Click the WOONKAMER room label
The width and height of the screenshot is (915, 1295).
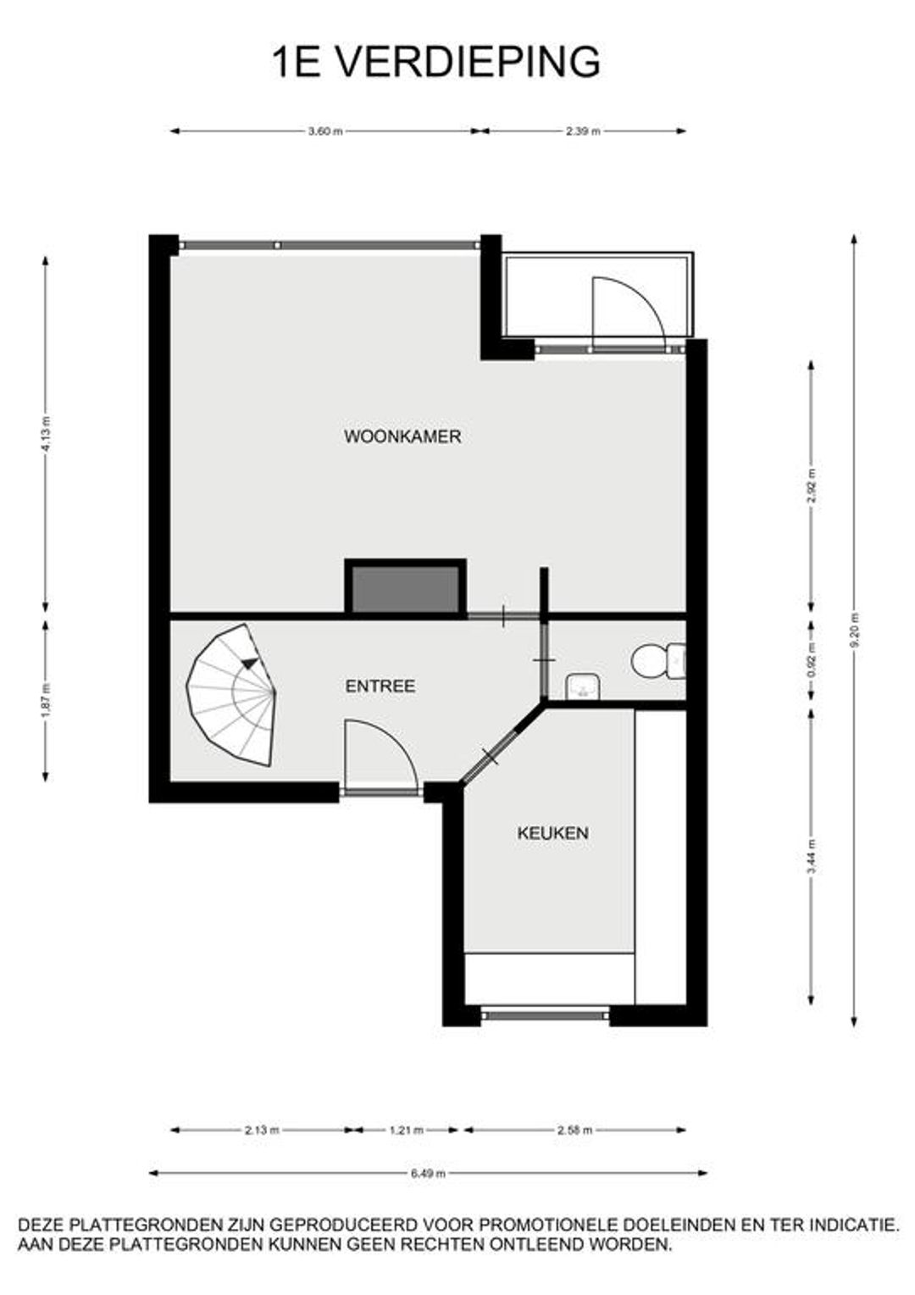[402, 436]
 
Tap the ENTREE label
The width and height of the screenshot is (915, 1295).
[380, 686]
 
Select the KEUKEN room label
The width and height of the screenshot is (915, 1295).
[552, 833]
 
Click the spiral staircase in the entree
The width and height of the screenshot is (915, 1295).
[231, 694]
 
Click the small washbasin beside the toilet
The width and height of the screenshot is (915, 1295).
[583, 686]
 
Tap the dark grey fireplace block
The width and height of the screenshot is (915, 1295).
[405, 588]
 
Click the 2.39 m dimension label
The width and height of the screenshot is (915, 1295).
[583, 131]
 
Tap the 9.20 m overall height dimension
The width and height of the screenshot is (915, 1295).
[854, 631]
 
